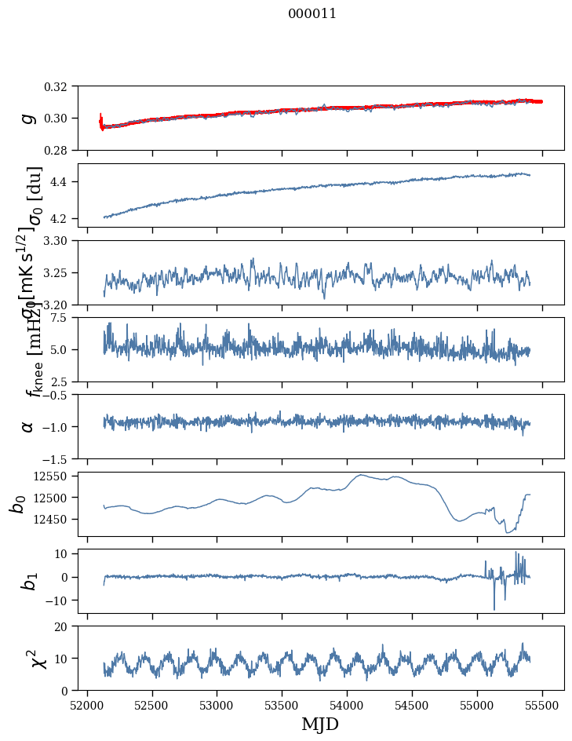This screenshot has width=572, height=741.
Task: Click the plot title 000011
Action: pyautogui.click(x=312, y=13)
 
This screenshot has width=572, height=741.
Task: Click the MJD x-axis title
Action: pyautogui.click(x=320, y=725)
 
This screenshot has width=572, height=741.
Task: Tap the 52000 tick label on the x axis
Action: pyautogui.click(x=87, y=704)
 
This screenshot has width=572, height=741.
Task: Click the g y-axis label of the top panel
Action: pyautogui.click(x=29, y=118)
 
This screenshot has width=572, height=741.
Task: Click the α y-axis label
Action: pyautogui.click(x=28, y=426)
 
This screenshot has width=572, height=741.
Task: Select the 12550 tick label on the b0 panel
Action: pyautogui.click(x=56, y=476)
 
